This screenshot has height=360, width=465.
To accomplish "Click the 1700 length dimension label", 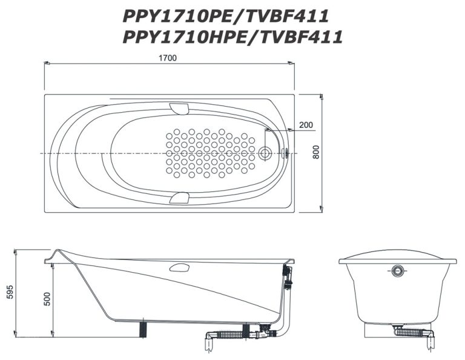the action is coord(168,58).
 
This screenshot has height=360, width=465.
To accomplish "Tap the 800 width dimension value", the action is coord(316,152).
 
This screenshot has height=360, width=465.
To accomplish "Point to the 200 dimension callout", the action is coord(306,125).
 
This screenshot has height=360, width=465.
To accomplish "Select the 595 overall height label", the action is coord(10,292).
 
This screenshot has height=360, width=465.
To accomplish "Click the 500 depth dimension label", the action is coord(47,299).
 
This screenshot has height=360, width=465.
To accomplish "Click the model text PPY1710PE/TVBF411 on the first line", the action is coord(226,16).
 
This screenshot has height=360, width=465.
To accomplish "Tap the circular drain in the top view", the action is coord(264,153).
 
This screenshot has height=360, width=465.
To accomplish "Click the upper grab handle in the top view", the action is coord(179,108).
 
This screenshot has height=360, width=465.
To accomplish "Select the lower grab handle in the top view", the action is coord(179,198).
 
